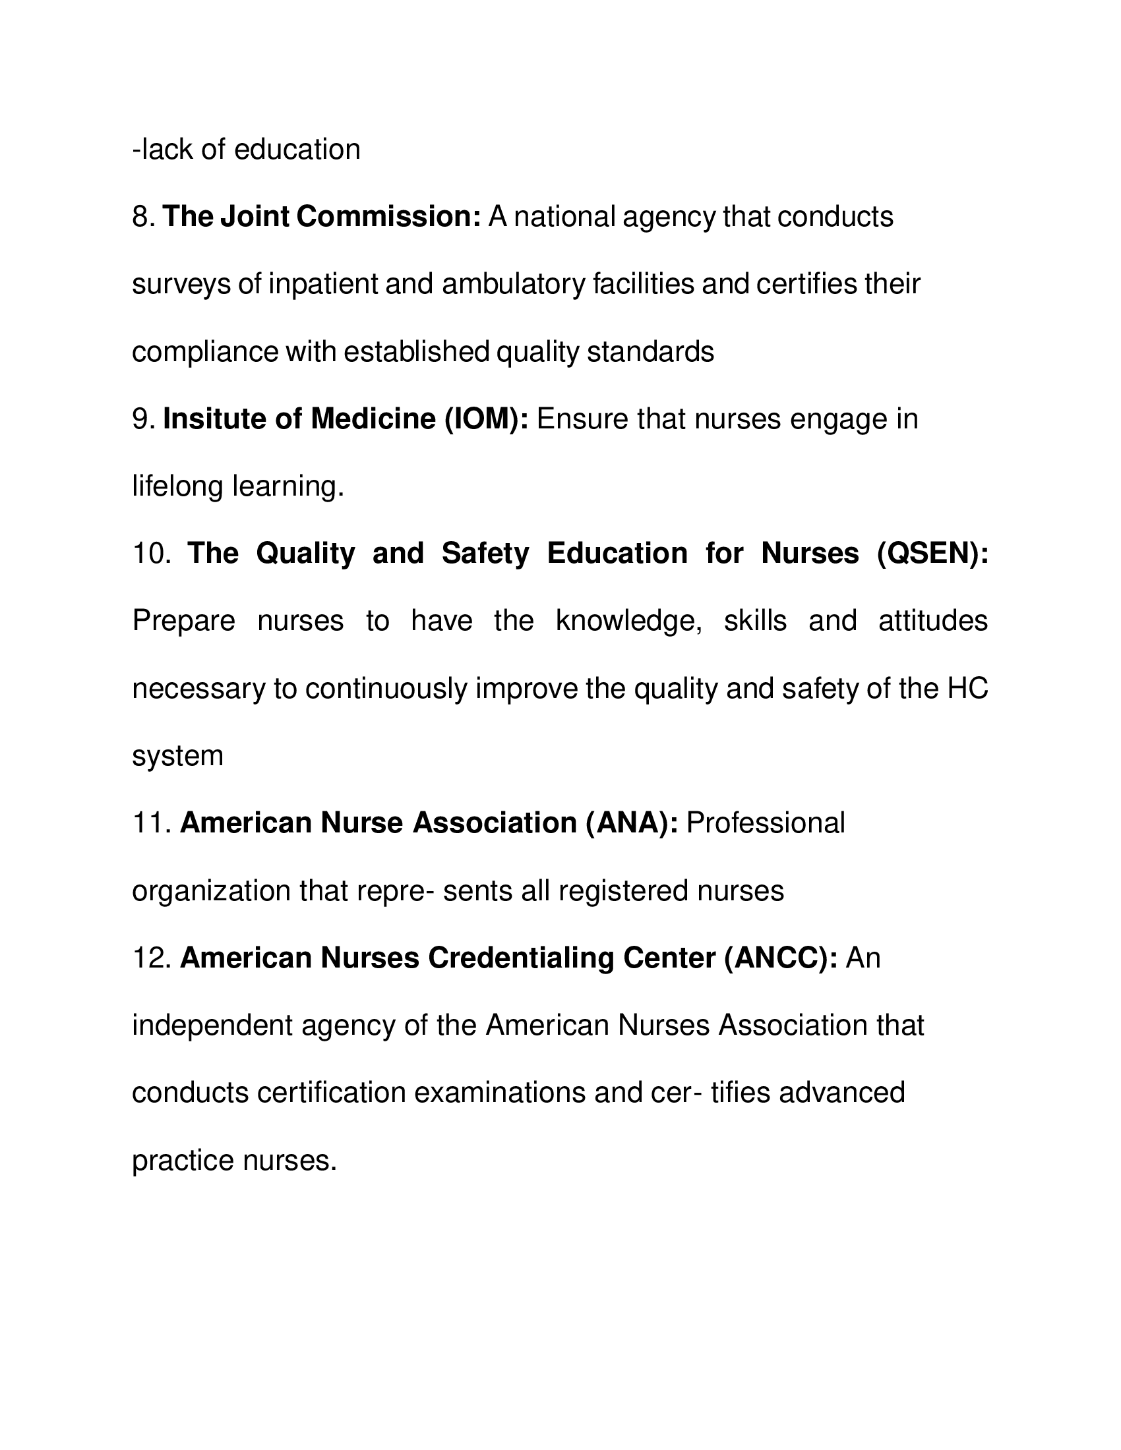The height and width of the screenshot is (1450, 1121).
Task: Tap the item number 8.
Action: (142, 217)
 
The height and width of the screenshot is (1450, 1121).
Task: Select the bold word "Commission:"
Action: (388, 217)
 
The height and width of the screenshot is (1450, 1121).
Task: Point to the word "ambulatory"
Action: (512, 284)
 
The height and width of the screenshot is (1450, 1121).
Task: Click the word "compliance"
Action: (204, 352)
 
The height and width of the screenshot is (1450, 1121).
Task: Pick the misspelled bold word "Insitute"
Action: (213, 420)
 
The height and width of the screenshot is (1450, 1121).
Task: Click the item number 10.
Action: (152, 554)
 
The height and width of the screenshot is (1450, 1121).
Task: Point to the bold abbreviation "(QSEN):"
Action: (932, 554)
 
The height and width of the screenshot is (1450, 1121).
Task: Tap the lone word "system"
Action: (177, 756)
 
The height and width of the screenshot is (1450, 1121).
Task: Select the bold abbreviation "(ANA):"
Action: (632, 823)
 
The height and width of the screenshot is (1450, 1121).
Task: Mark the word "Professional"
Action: (765, 823)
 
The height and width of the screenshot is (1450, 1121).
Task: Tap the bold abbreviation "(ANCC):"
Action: (780, 958)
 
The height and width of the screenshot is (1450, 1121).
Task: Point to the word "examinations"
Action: (500, 1093)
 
